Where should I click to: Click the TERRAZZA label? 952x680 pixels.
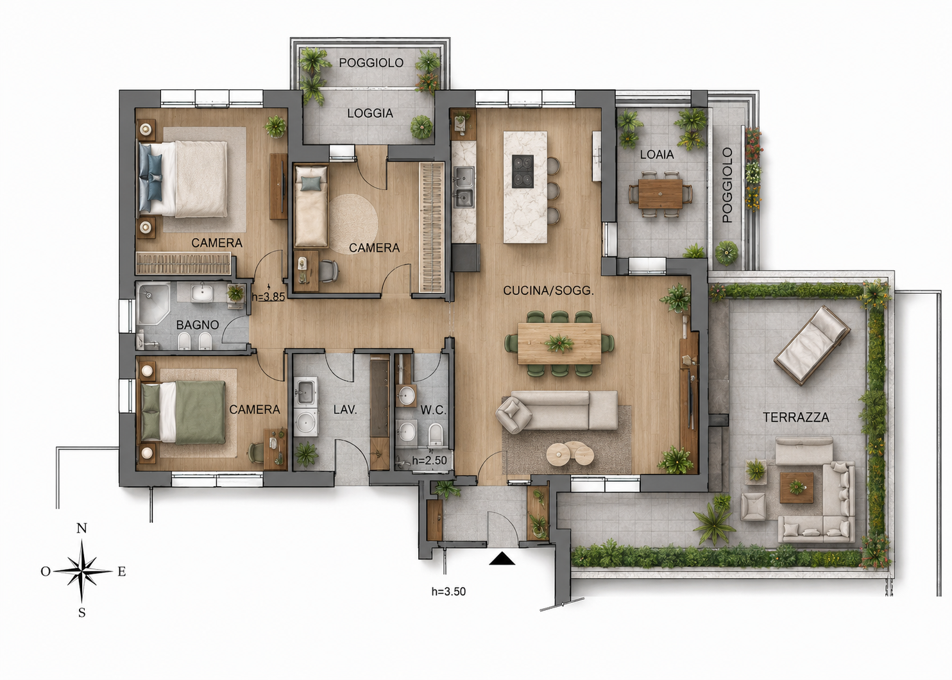point(795,418)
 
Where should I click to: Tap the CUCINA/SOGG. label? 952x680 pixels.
point(548,291)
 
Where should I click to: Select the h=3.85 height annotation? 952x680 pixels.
point(268,296)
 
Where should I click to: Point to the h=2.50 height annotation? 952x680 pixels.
point(429,460)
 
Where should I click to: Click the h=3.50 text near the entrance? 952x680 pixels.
point(448,591)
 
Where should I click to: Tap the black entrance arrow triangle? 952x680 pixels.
point(502,559)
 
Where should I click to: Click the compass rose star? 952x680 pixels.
point(83,571)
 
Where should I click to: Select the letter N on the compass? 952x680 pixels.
point(81,528)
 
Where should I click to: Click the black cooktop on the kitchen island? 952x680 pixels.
point(522,171)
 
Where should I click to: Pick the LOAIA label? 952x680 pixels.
point(657,155)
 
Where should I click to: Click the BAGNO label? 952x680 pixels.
point(197,325)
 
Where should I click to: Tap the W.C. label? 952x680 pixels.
point(433,410)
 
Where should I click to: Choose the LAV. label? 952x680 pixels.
point(344,410)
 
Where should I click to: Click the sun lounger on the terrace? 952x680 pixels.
point(812,346)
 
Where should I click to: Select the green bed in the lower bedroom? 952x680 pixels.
point(183,412)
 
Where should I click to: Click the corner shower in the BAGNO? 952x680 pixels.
point(153,303)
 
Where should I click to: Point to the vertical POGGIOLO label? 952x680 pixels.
point(727,185)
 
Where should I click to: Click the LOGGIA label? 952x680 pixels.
point(370,114)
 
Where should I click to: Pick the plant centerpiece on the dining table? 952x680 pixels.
point(559,343)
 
